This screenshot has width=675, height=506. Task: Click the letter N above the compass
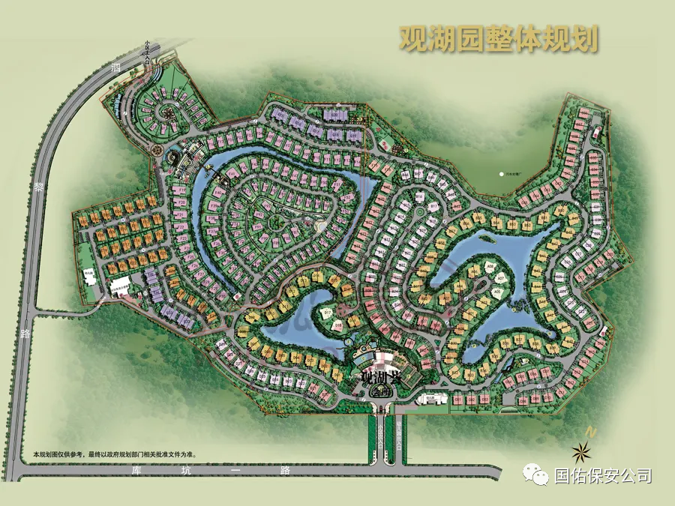point(592,433)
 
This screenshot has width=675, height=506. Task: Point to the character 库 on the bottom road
point(136,471)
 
